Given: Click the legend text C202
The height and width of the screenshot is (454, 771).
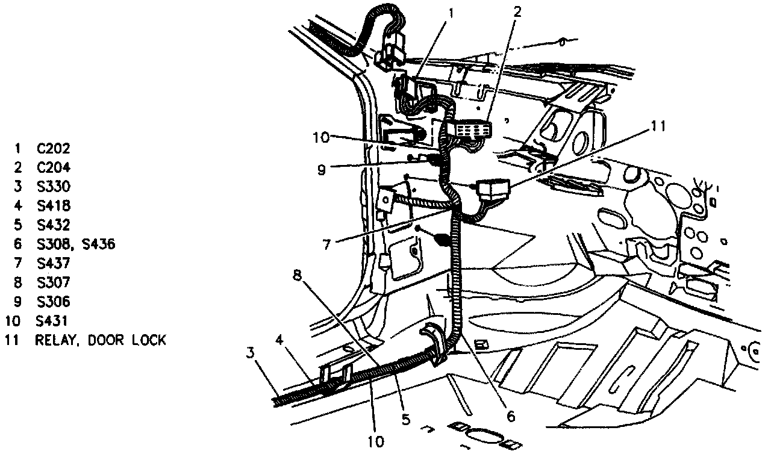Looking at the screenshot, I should click(53, 148).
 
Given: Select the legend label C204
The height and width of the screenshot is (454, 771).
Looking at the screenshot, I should click(53, 167).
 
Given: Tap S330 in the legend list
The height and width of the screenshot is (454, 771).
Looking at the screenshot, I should click(53, 187).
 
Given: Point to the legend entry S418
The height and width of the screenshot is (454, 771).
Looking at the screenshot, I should click(53, 206).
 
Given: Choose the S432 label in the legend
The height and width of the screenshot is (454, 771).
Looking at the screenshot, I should click(53, 225).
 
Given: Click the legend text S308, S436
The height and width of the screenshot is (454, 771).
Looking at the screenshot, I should click(75, 244).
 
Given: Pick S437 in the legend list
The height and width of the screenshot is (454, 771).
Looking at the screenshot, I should click(53, 264).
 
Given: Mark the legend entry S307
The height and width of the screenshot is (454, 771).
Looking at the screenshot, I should click(53, 282).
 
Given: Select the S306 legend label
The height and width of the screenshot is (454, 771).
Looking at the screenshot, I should click(53, 302).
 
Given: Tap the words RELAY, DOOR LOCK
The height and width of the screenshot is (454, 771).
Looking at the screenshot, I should click(100, 340).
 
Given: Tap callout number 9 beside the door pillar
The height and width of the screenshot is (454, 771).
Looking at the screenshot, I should click(322, 170).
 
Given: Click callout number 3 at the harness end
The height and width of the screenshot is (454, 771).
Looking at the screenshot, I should click(250, 352).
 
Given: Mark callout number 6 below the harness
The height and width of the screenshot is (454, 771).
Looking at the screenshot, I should click(510, 416).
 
